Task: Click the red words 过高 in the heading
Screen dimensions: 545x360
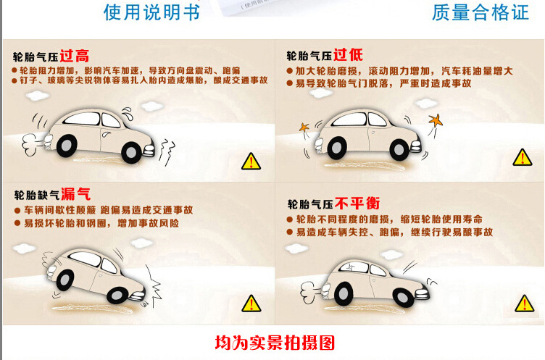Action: (75, 56)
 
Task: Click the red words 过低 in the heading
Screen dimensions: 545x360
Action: (349, 54)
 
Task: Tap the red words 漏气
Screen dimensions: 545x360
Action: (76, 194)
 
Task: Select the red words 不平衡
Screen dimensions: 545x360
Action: (357, 204)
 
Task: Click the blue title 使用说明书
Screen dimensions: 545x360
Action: (152, 12)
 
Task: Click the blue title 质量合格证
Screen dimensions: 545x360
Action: (480, 12)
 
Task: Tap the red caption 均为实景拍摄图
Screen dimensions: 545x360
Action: (275, 343)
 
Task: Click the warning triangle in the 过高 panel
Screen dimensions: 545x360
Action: (251, 162)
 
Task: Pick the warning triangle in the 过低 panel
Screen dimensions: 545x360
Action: (523, 157)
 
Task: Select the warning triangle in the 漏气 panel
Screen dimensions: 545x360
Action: (251, 303)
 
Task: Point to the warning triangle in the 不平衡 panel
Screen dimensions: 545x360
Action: (525, 303)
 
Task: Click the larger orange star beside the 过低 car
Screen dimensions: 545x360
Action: (436, 120)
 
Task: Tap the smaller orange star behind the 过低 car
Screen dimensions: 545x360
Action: (304, 127)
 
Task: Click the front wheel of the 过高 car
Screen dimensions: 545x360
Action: (131, 153)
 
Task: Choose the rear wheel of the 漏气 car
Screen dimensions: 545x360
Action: (65, 280)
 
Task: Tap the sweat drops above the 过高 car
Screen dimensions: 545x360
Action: (128, 113)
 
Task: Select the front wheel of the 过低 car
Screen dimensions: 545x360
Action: (399, 150)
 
